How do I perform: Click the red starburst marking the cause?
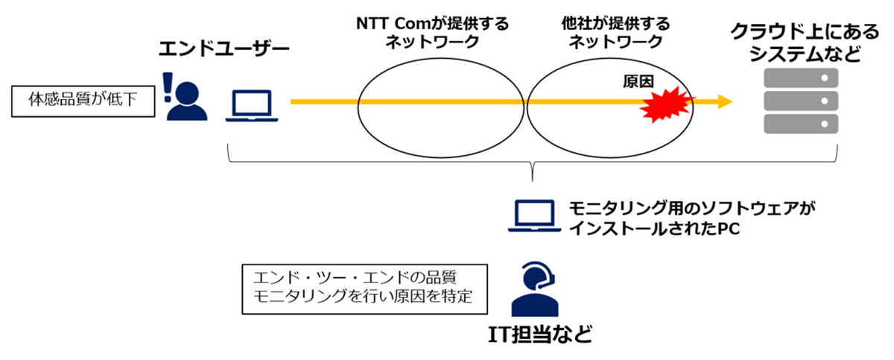click(666, 104)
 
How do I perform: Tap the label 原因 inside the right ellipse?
click(638, 81)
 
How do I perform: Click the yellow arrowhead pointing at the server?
click(725, 102)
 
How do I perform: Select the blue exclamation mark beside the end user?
click(168, 87)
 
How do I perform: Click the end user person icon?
click(187, 101)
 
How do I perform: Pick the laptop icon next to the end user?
click(252, 106)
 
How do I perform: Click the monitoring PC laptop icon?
click(534, 215)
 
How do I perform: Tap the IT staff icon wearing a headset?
click(535, 288)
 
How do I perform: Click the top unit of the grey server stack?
click(801, 78)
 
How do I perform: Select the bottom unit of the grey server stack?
click(801, 124)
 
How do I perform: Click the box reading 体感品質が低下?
click(83, 101)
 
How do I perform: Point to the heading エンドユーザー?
click(224, 48)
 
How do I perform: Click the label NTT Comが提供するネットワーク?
click(432, 33)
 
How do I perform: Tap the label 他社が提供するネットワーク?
click(615, 33)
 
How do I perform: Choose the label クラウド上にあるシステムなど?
click(805, 43)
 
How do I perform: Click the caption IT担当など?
click(540, 335)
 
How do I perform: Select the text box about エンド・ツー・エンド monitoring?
click(364, 289)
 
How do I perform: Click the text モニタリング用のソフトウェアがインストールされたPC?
click(691, 218)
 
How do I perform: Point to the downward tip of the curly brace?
click(533, 182)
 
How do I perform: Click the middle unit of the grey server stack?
click(801, 101)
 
